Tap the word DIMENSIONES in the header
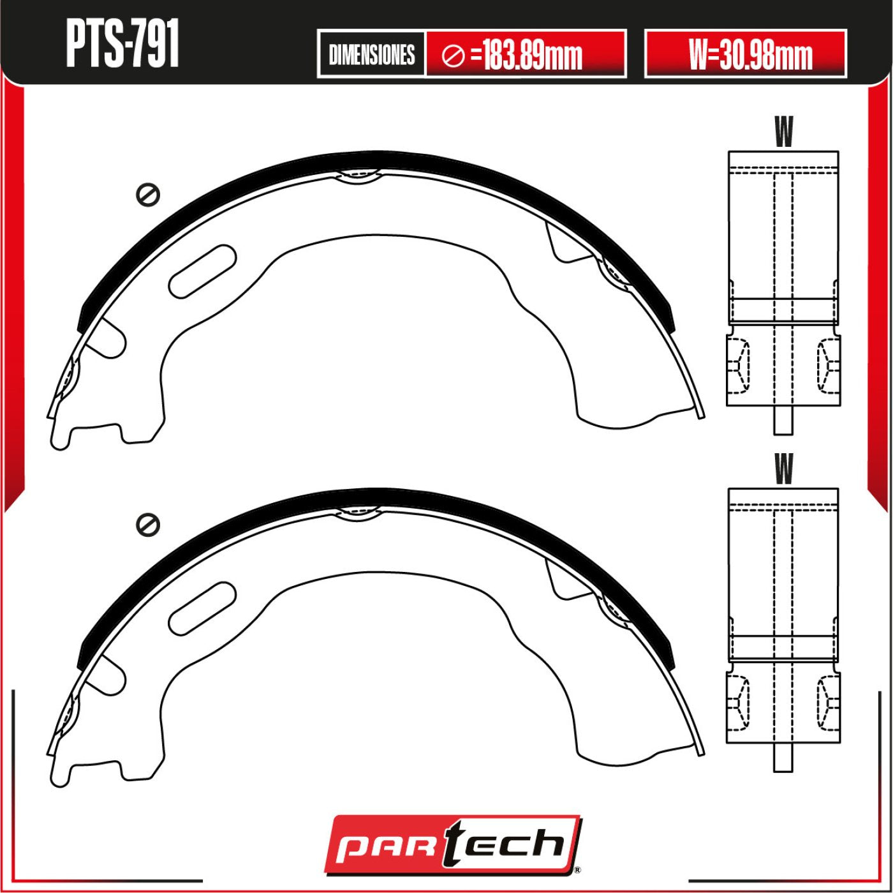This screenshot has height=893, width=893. coord(371,55)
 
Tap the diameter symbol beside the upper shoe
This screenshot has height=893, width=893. coord(148,195)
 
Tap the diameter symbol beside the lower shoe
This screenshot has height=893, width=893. coord(148,525)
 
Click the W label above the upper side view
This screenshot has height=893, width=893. coord(783,132)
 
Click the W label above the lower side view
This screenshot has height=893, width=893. coord(783,469)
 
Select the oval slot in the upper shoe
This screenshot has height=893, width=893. coord(203,271)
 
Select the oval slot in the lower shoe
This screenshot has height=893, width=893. coord(203,608)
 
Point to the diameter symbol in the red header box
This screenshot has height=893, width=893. coord(453,56)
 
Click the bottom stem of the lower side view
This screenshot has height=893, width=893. coord(783,758)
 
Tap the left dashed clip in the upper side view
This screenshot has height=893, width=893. coord(738,365)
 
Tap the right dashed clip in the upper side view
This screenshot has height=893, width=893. coord(829,365)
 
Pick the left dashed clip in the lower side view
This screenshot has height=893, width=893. coord(738,702)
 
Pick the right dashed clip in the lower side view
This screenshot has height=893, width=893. coord(829,702)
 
